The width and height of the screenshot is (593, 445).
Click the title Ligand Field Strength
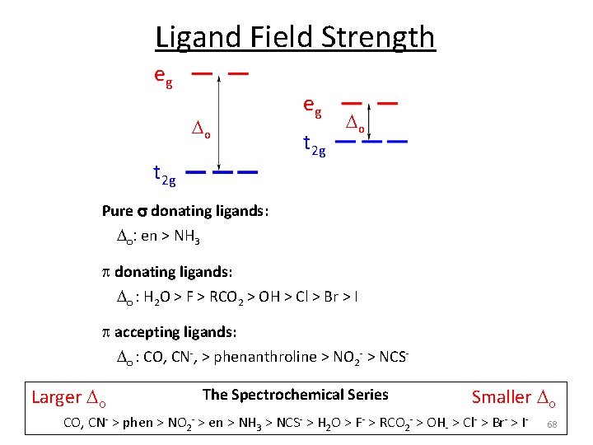point(295,37)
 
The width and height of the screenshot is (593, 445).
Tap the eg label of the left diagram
point(163,75)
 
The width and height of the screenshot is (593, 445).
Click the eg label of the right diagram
point(312,105)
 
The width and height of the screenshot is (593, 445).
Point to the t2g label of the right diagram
point(315,146)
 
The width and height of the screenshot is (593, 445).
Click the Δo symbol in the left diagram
point(201,129)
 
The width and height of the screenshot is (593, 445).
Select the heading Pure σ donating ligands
point(184,210)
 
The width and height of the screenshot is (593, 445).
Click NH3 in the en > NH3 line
point(185,237)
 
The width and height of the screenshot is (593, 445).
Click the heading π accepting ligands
point(168,332)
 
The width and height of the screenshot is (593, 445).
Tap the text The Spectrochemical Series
point(295,395)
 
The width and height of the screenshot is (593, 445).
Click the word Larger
point(57,397)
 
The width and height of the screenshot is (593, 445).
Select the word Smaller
point(501,397)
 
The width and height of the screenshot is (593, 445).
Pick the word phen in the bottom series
point(138,424)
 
